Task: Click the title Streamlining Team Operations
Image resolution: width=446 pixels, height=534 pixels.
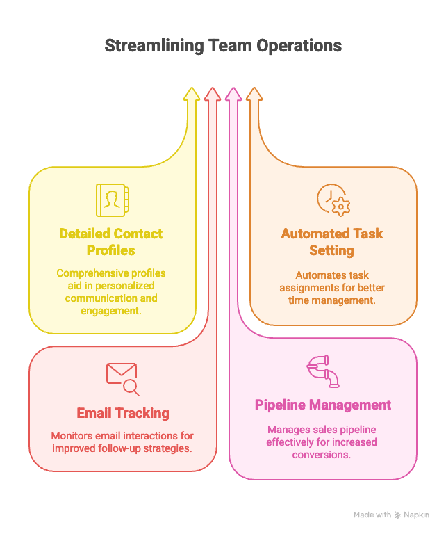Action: click(x=223, y=47)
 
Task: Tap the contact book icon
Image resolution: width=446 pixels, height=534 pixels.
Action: click(x=111, y=200)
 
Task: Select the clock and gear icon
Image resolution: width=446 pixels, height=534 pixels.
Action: click(x=333, y=200)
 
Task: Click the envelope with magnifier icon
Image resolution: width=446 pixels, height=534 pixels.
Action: click(x=122, y=378)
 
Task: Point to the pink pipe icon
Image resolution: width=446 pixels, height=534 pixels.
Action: click(x=323, y=371)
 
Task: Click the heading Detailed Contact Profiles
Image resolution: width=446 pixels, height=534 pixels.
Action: click(x=111, y=241)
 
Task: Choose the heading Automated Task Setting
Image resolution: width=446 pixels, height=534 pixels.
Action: click(x=332, y=241)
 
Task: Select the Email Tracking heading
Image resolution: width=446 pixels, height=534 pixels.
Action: click(x=123, y=413)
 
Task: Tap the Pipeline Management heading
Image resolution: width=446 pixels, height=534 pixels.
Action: click(x=323, y=405)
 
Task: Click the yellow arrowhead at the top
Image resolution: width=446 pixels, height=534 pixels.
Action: click(x=192, y=95)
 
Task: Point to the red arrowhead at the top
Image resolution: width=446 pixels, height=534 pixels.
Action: click(x=213, y=95)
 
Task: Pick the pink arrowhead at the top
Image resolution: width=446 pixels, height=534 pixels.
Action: click(x=233, y=95)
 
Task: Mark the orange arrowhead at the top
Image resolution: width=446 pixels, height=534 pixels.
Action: click(x=254, y=95)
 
